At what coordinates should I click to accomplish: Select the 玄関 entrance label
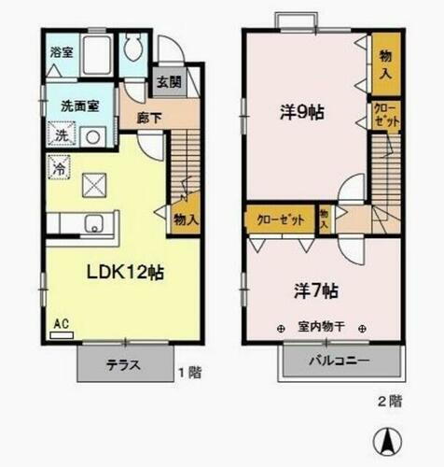[x=169, y=80]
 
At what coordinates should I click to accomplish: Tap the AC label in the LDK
[x=62, y=324]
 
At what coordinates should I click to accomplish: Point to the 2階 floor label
[x=390, y=402]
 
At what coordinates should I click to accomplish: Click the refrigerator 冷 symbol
[x=57, y=170]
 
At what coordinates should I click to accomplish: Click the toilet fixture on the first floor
[x=133, y=48]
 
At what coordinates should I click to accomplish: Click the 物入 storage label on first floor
[x=186, y=219]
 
